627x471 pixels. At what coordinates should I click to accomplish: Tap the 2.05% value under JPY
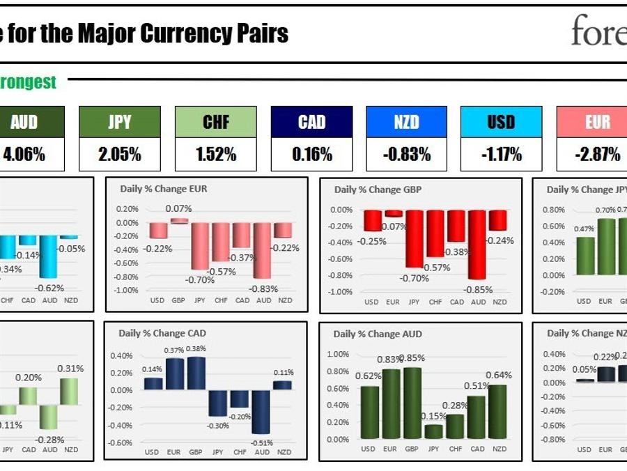tap(120, 155)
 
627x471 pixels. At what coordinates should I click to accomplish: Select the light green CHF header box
tap(216, 123)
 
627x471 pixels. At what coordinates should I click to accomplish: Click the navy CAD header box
tap(311, 123)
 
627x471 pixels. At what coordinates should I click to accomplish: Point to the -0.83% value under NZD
tap(407, 155)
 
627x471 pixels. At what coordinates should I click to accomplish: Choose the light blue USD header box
tap(502, 123)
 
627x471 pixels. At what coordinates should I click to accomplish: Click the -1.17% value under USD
tap(502, 155)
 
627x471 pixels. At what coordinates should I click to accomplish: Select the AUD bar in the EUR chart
tap(263, 250)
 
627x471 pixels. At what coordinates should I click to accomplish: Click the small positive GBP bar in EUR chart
tap(180, 221)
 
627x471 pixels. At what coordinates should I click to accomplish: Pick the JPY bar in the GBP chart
tap(415, 238)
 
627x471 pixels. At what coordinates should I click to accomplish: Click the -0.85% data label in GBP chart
tap(478, 288)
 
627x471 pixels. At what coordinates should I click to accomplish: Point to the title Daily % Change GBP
tap(378, 190)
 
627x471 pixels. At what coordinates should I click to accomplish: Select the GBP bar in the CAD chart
tap(196, 373)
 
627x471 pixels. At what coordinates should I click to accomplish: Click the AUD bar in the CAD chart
tap(262, 411)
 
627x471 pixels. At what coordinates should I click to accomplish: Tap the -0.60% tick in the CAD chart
tap(121, 442)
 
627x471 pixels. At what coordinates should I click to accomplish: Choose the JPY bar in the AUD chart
tap(433, 431)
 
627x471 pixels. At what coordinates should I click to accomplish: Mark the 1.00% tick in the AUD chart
tap(338, 355)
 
